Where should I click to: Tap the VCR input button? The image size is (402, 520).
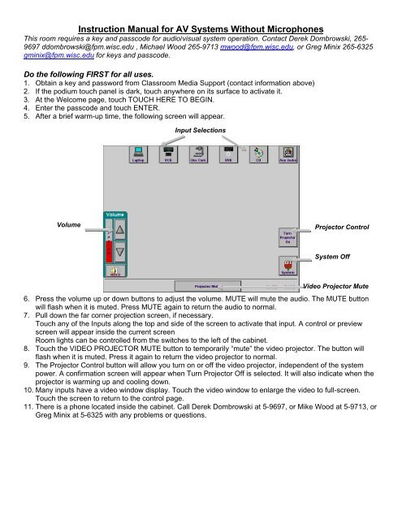(x=169, y=154)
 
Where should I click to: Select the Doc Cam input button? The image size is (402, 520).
(x=199, y=154)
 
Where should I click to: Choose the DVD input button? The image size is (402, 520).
(x=229, y=154)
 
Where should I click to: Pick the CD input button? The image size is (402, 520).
(x=258, y=154)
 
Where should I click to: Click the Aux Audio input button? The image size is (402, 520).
(x=287, y=154)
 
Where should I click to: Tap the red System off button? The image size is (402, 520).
(x=287, y=267)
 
